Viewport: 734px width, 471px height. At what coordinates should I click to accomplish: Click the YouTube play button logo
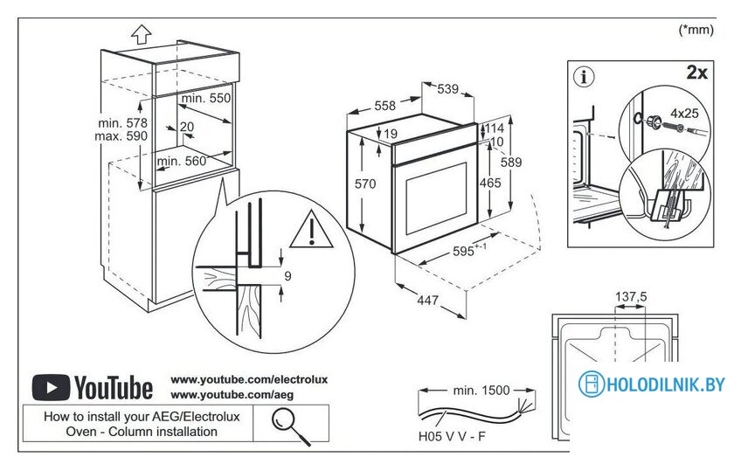(x=50, y=386)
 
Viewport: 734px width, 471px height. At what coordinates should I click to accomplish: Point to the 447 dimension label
(x=427, y=301)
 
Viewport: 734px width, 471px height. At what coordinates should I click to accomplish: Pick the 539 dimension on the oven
(x=447, y=89)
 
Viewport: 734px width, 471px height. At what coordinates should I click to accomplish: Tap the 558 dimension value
(x=385, y=106)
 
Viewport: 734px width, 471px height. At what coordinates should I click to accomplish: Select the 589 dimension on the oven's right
(x=511, y=163)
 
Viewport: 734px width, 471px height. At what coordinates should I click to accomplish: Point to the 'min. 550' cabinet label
(x=206, y=99)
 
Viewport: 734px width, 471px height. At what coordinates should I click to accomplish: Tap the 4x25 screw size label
(x=684, y=113)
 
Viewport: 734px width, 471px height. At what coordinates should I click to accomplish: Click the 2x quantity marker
(x=696, y=73)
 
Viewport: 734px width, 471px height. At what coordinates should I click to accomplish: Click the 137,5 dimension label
(x=631, y=297)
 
